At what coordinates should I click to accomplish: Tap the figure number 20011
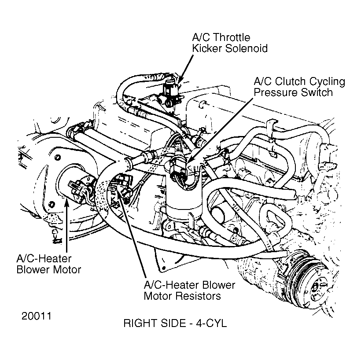coord(37,316)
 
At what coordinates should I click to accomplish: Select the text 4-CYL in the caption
coord(211,323)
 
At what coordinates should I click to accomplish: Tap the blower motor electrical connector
coord(77,187)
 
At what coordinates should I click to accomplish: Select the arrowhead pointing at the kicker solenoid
coord(181,79)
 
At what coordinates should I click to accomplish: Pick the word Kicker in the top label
coord(207,48)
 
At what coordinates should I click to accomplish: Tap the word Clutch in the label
coord(290,81)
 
